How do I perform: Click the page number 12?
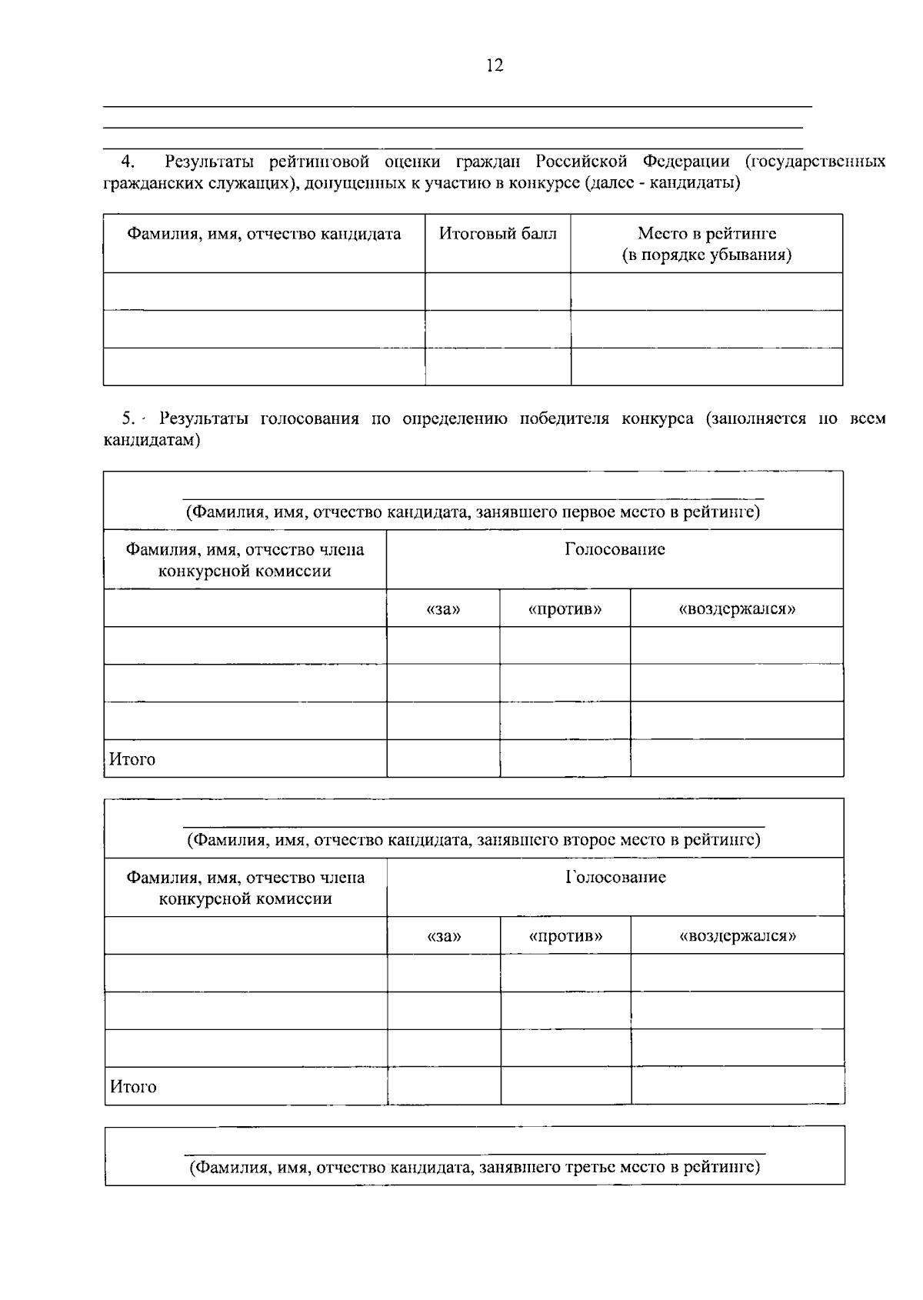point(495,66)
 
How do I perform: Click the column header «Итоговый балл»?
point(498,234)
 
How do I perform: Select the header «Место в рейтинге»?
point(706,234)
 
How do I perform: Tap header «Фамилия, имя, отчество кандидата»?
point(264,234)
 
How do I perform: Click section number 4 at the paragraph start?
point(128,162)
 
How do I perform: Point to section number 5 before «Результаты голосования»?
point(128,419)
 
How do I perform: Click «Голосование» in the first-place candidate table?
point(615,549)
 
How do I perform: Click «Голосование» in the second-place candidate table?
point(615,877)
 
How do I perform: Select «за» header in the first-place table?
point(443,609)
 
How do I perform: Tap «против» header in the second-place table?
point(565,936)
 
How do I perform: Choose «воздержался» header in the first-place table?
point(737,609)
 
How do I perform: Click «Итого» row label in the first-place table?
point(132,759)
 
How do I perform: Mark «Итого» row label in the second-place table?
point(133,1087)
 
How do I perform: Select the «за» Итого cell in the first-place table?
point(443,758)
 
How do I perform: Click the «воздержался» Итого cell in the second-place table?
point(737,1085)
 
